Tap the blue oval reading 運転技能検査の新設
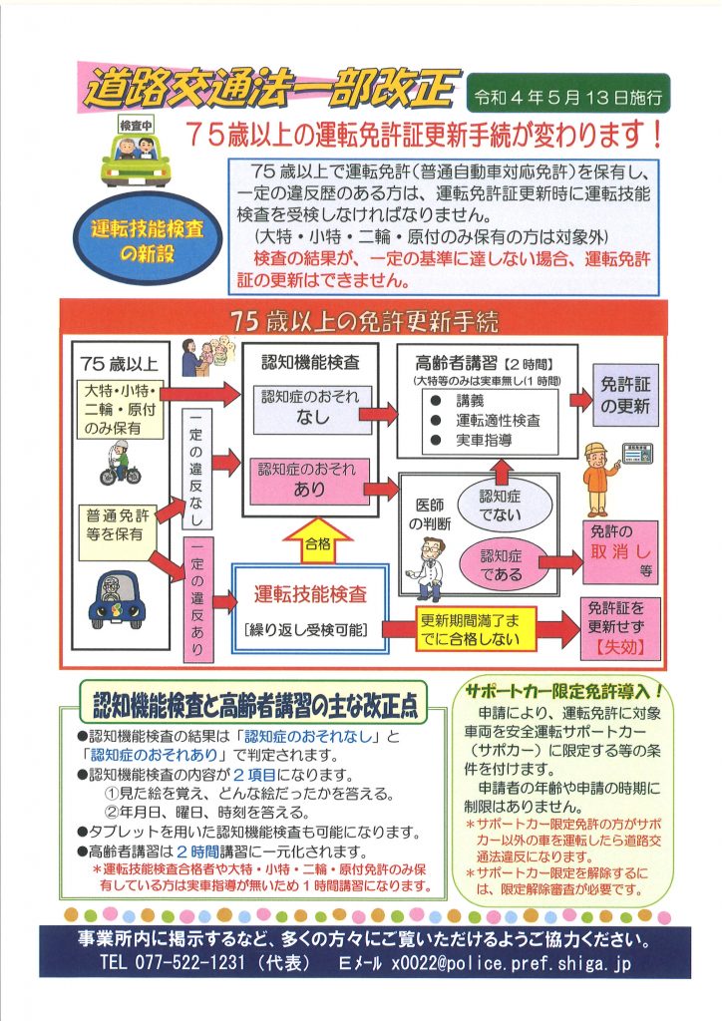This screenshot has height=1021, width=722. pyautogui.click(x=148, y=239)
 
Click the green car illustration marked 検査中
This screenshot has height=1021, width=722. pyautogui.click(x=136, y=153)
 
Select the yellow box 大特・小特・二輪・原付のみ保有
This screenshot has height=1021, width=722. pyautogui.click(x=121, y=410)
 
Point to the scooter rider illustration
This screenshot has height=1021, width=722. pyautogui.click(x=121, y=463)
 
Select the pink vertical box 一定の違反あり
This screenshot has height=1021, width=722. pyautogui.click(x=197, y=598)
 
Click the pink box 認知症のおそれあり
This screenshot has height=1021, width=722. pyautogui.click(x=310, y=481)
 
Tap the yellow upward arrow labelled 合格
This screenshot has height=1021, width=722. pyautogui.click(x=318, y=539)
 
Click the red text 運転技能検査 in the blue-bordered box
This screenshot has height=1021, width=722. pyautogui.click(x=310, y=594)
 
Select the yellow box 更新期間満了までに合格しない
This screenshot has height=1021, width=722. pyautogui.click(x=476, y=628)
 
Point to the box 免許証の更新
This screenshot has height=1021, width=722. pyautogui.click(x=625, y=396)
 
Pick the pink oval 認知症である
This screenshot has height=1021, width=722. pyautogui.click(x=502, y=564)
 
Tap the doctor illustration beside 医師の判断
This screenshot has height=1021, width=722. pyautogui.click(x=425, y=569)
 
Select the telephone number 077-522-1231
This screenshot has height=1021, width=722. pyautogui.click(x=190, y=962)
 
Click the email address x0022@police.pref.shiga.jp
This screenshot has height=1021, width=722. pyautogui.click(x=511, y=963)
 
